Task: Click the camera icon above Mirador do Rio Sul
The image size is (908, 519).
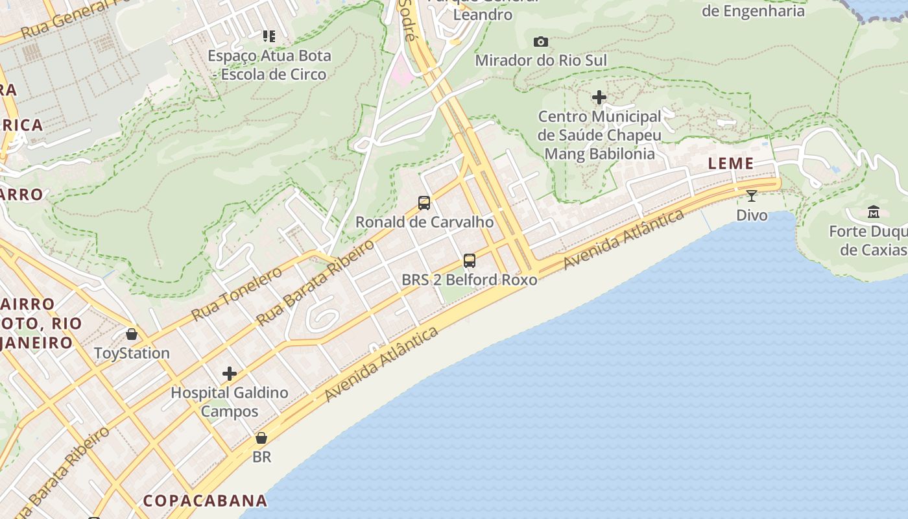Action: click(x=540, y=42)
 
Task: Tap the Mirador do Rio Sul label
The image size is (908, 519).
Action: click(x=541, y=60)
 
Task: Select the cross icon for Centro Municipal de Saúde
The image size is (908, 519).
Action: click(x=599, y=98)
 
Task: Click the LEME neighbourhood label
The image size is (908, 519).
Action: click(x=731, y=163)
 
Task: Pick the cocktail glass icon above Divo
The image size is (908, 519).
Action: click(x=752, y=195)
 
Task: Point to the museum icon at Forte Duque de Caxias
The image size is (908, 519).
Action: click(x=873, y=212)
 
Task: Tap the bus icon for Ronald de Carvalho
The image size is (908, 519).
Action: click(x=424, y=203)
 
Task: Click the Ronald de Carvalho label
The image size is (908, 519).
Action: click(x=424, y=222)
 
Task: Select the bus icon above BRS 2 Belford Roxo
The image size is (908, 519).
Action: click(x=470, y=261)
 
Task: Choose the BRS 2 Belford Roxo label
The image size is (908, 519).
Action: click(x=470, y=280)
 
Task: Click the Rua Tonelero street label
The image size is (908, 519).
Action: click(x=237, y=294)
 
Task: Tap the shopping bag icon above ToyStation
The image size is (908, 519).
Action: click(x=132, y=335)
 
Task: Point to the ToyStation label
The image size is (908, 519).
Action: click(x=132, y=354)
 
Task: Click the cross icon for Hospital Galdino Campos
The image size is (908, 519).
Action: click(x=229, y=374)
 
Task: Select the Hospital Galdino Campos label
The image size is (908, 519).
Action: click(x=229, y=402)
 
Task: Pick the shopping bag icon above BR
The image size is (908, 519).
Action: click(x=261, y=439)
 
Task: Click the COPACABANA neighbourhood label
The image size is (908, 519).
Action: click(x=205, y=501)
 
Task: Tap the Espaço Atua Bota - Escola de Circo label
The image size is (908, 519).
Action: click(x=269, y=65)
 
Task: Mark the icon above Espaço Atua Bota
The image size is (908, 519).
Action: click(x=269, y=36)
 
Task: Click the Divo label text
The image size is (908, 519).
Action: click(x=752, y=215)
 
